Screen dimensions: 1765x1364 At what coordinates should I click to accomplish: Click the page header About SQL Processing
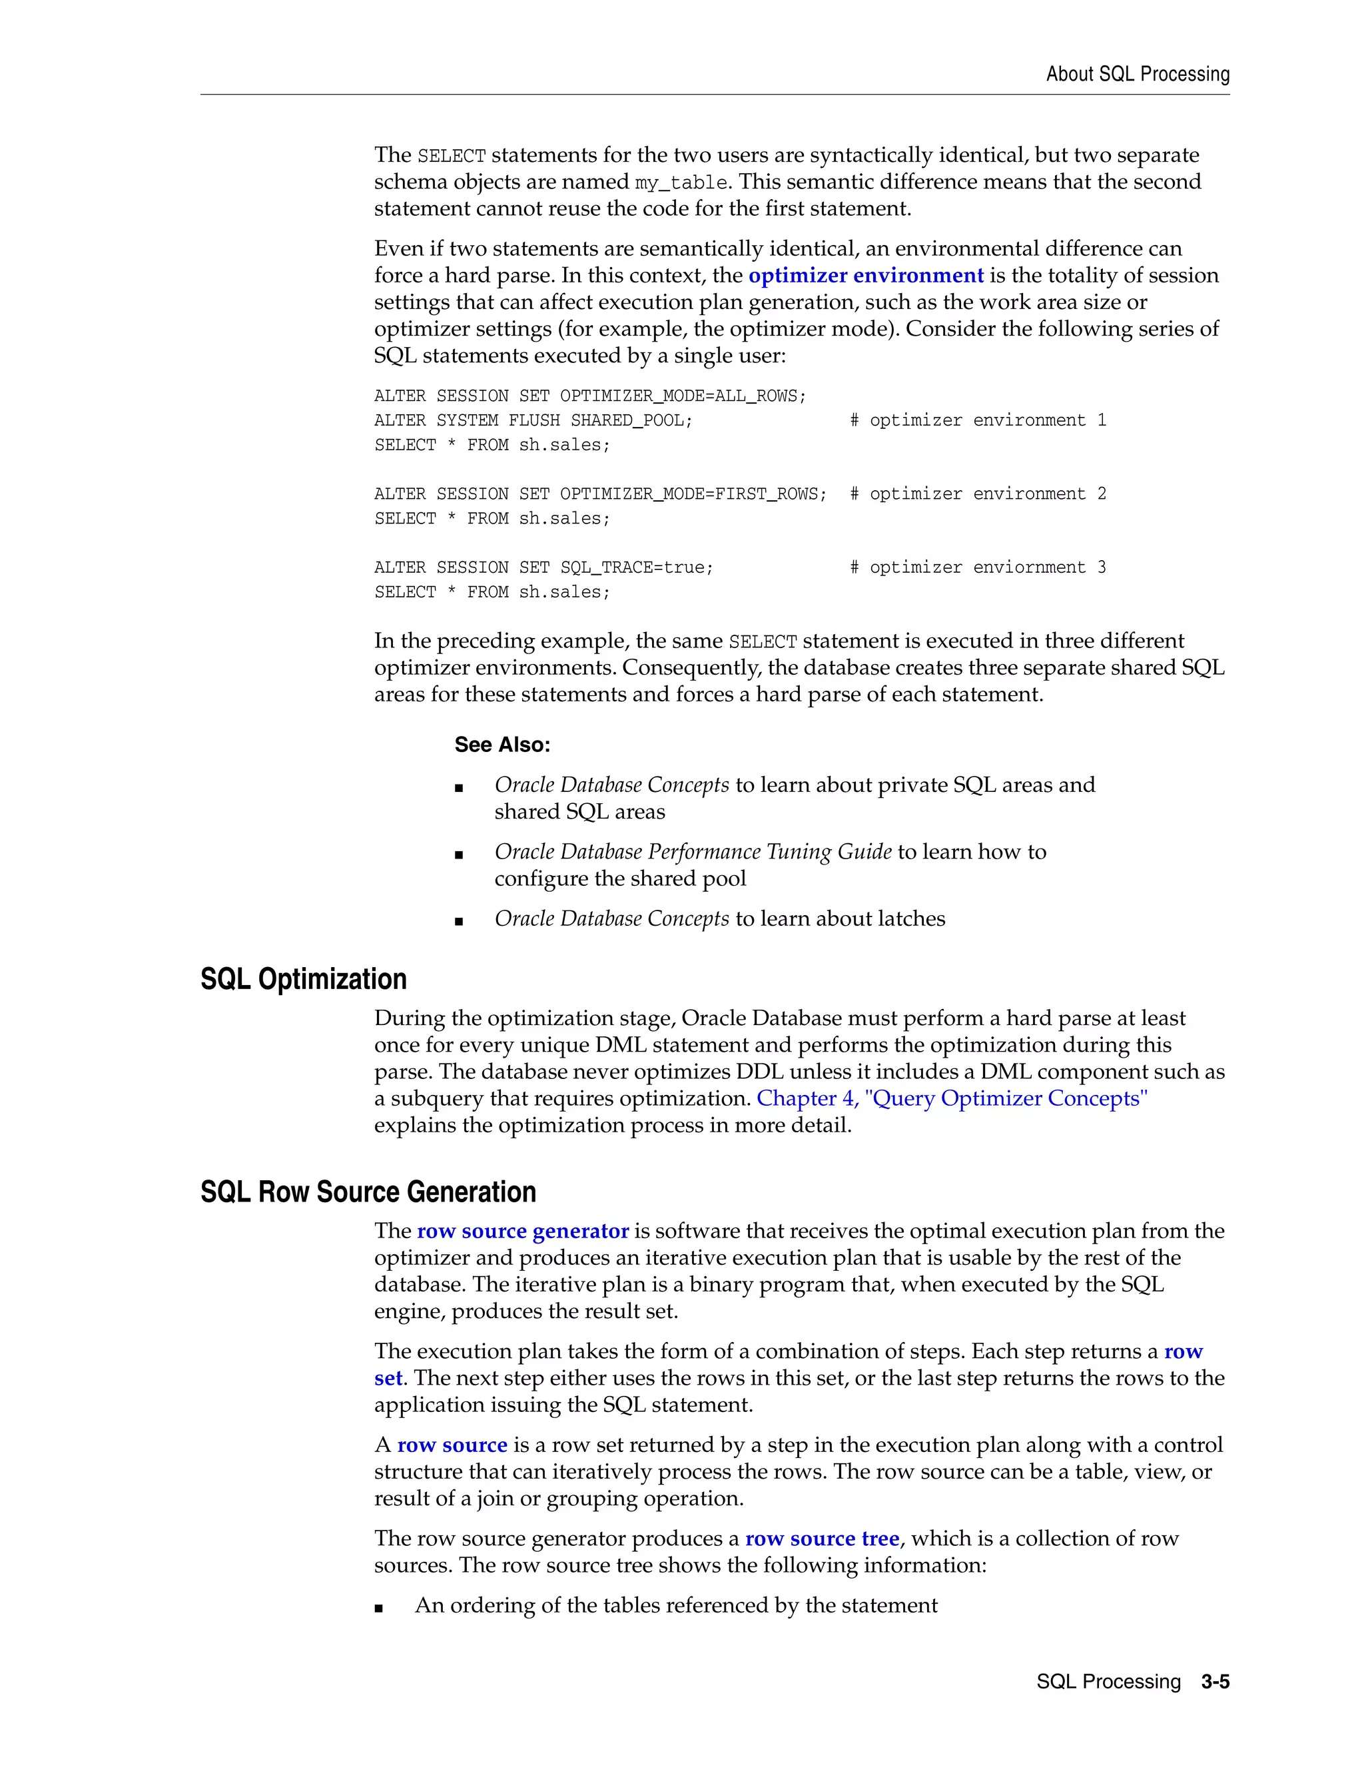[1137, 75]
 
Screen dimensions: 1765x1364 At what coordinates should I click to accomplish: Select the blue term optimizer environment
[865, 276]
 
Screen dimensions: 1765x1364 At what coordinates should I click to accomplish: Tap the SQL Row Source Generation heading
[368, 1192]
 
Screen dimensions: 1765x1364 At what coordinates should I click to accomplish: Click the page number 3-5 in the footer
[1215, 1682]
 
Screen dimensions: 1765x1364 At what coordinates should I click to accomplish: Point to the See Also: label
[502, 745]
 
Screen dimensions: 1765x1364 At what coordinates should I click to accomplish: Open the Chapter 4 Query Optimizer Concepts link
[951, 1098]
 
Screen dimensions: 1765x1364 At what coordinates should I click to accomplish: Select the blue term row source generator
[522, 1231]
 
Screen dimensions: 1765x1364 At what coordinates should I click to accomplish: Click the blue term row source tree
[821, 1539]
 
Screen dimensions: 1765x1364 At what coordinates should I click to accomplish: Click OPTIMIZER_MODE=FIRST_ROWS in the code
[693, 494]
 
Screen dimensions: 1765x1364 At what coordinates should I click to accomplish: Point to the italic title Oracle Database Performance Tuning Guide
[693, 852]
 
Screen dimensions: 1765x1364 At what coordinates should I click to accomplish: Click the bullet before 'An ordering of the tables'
[379, 1607]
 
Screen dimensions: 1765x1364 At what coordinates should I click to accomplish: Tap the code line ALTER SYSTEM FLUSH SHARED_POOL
[533, 420]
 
